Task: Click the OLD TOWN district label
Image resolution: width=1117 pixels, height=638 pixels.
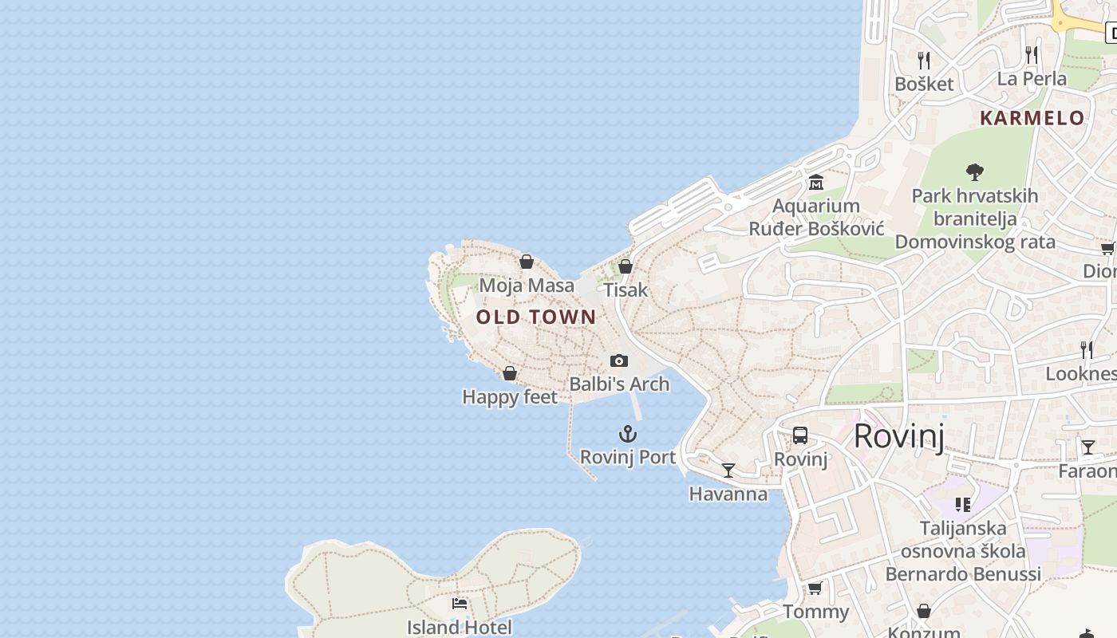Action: pos(536,317)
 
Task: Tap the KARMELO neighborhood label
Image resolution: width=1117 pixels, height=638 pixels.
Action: pos(1032,118)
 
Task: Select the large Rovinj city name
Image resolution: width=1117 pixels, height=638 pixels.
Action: pos(899,436)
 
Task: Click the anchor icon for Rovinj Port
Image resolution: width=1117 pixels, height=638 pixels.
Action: pos(628,434)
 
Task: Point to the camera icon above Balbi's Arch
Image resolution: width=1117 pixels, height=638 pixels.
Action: pos(619,361)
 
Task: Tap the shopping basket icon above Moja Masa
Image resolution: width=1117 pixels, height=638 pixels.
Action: pos(527,262)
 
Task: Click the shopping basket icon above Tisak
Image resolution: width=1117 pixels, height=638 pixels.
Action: pos(626,266)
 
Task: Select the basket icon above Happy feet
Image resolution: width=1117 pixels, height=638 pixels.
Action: pos(510,373)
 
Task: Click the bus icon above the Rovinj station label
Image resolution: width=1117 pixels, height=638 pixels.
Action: pos(800,435)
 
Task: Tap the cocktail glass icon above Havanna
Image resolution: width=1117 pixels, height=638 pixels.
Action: pos(728,471)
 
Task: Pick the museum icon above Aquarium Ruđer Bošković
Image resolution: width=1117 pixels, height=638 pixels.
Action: pos(815,183)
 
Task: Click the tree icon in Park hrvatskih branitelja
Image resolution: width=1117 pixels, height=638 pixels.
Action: pos(974,171)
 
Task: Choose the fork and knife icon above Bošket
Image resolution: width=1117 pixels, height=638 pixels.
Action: pos(924,61)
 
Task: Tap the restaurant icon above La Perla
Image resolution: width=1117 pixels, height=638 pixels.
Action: pos(1032,55)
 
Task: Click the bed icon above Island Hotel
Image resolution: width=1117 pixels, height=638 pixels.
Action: pos(460,604)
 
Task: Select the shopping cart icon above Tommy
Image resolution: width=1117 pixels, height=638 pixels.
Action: pos(815,589)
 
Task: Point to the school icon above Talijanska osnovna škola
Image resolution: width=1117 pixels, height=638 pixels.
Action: pos(963,504)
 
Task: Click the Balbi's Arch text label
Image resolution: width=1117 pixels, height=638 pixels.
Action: pos(619,384)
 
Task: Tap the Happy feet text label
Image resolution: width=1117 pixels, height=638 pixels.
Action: pos(510,396)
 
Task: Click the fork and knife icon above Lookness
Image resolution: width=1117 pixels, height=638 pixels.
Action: pos(1086,349)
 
